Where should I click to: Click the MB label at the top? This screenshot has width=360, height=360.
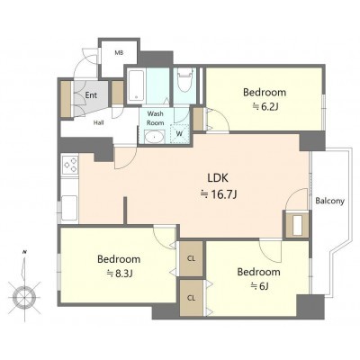119,53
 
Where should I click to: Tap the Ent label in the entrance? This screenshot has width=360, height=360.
91,95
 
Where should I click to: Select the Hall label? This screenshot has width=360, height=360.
99,122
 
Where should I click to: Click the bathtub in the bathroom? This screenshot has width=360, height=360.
136,85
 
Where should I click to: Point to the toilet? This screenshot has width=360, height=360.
184,80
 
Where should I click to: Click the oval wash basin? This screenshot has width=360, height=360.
154,137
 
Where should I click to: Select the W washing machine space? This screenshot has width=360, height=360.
179,134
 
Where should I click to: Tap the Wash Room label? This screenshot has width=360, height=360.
155,118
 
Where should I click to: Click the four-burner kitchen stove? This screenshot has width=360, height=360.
70,165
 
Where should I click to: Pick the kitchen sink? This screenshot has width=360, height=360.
69,208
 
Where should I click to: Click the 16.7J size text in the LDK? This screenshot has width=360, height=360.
219,195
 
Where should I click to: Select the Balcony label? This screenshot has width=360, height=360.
329,201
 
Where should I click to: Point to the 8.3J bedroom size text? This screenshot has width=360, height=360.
120,274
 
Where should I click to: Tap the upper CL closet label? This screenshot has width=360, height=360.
191,258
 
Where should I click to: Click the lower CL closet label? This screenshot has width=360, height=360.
191,298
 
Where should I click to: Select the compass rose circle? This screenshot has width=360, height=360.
24,297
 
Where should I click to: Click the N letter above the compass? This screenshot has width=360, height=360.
24,253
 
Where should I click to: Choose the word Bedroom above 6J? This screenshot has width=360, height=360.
259,272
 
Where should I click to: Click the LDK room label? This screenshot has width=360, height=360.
218,178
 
